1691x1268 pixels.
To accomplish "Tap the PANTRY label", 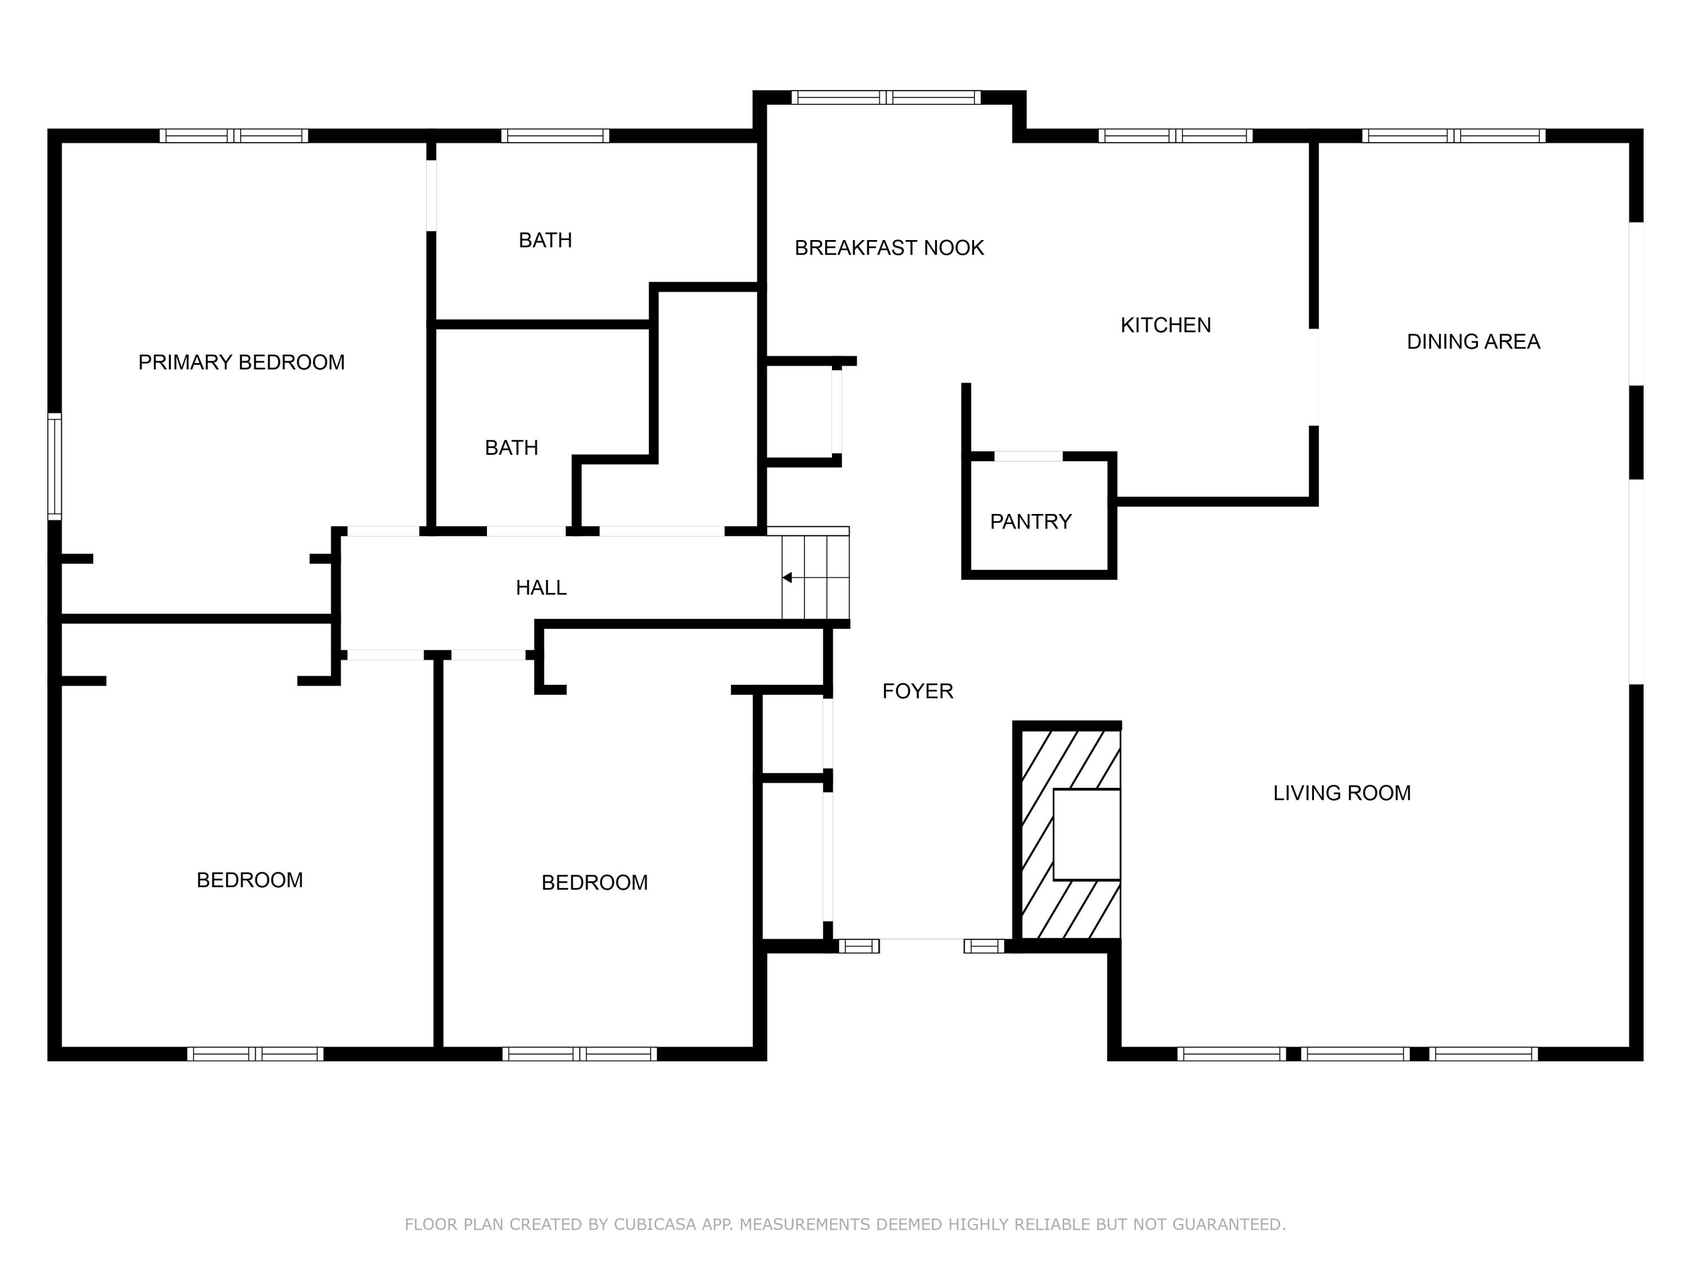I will coord(1030,522).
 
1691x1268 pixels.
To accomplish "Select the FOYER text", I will coord(917,691).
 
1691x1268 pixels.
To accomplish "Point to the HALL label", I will coord(541,588).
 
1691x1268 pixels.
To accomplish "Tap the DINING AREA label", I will coord(1473,342).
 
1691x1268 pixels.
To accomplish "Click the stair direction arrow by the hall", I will coord(787,578).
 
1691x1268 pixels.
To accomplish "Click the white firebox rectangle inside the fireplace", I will coord(1086,835).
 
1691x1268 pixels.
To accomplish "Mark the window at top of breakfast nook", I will coord(886,97).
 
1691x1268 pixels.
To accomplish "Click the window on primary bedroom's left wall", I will coord(54,466).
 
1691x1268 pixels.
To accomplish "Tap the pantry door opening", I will coord(1028,456).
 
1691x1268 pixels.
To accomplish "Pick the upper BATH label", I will coord(545,241).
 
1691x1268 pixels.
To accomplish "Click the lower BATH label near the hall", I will coord(511,448).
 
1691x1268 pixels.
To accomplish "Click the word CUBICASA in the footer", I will coord(654,1225).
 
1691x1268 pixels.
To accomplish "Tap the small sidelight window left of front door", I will coord(858,946).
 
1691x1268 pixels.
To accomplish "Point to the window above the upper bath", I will coord(555,136).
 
